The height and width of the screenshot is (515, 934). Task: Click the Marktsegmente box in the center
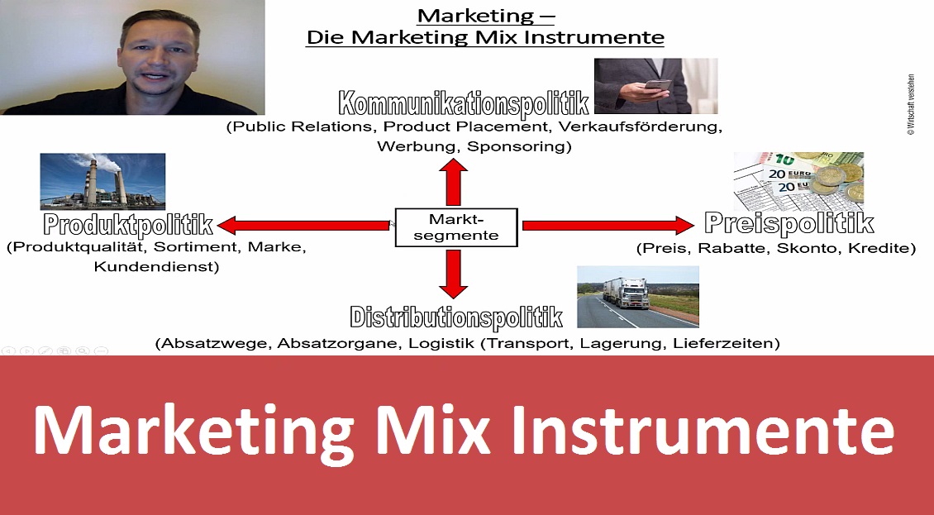pos(456,227)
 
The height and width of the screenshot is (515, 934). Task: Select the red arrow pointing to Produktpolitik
pos(303,226)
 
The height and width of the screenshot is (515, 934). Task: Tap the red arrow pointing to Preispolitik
pos(608,226)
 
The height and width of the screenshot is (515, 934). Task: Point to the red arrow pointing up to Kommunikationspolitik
pos(453,183)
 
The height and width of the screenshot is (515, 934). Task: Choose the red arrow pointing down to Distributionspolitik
pos(453,274)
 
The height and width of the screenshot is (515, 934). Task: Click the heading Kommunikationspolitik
pos(464,103)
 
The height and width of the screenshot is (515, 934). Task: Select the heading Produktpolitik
pos(128,225)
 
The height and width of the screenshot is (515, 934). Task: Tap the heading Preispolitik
pos(789,223)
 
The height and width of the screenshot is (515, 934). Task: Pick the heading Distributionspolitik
pos(456,317)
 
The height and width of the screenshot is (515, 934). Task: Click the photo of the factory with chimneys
pos(102,181)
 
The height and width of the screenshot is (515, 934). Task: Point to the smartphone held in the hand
pos(658,84)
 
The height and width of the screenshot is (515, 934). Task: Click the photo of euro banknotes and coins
pos(798,180)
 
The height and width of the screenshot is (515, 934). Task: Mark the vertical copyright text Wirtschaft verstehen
pos(911,105)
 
